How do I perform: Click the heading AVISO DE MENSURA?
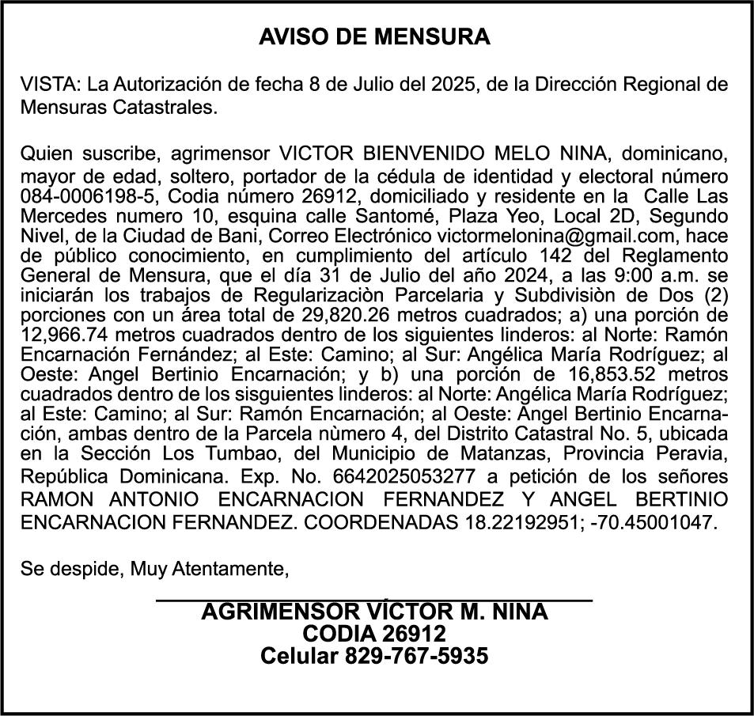(375, 37)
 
